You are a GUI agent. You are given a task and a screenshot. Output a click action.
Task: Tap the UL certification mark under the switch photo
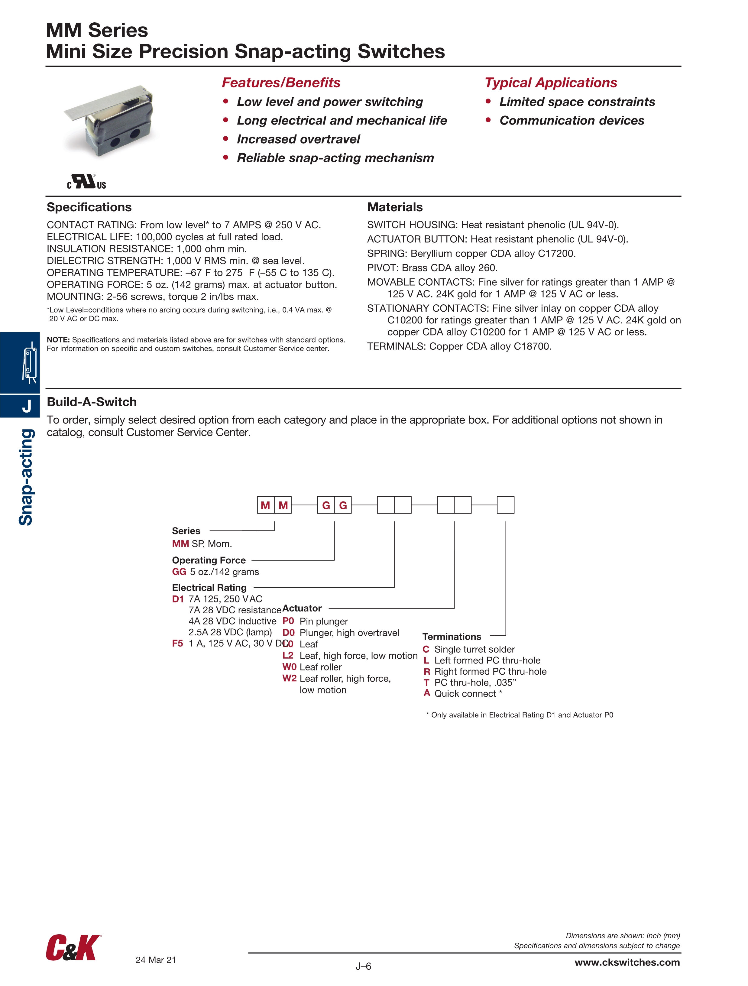click(x=86, y=182)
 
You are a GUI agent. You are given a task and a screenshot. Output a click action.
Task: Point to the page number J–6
click(x=363, y=966)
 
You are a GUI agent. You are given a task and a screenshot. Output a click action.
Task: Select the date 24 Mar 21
click(x=156, y=960)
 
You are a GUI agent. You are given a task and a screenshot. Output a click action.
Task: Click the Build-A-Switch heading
click(x=92, y=402)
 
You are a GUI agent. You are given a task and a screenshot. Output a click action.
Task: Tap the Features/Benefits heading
click(x=281, y=83)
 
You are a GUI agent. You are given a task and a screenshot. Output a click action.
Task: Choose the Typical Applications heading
click(x=551, y=83)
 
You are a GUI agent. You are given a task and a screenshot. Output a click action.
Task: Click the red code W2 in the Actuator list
click(x=289, y=678)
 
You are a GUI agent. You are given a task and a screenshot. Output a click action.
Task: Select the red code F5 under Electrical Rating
click(x=177, y=643)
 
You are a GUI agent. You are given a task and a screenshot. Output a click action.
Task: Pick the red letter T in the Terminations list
click(x=427, y=683)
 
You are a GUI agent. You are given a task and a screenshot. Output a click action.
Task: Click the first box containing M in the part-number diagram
click(x=266, y=505)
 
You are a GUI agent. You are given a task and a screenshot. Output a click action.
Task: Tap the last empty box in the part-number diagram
click(x=506, y=505)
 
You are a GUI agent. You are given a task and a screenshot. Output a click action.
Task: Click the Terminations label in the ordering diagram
click(x=452, y=637)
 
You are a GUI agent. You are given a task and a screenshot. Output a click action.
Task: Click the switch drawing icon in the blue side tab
click(x=29, y=362)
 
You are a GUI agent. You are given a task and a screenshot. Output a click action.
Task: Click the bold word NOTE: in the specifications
click(x=58, y=340)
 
